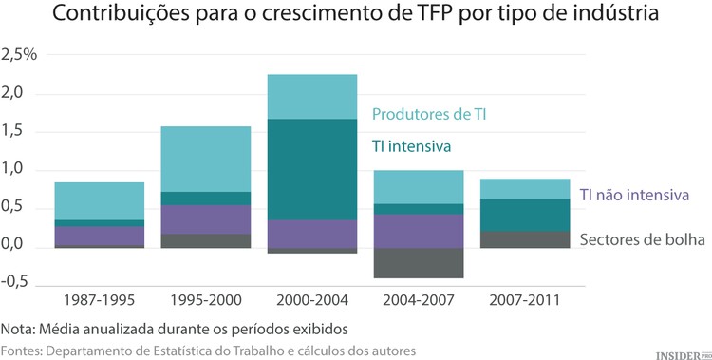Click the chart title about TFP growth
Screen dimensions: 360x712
(x=355, y=17)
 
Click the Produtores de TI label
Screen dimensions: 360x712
(x=434, y=115)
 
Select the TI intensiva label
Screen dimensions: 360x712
(x=411, y=147)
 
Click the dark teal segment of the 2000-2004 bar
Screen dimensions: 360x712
(x=311, y=169)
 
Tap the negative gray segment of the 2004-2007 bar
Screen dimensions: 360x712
(x=418, y=263)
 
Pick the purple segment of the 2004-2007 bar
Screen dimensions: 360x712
(x=418, y=231)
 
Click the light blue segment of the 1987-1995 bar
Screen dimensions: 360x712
(x=99, y=200)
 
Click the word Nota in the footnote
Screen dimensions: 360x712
(x=18, y=330)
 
